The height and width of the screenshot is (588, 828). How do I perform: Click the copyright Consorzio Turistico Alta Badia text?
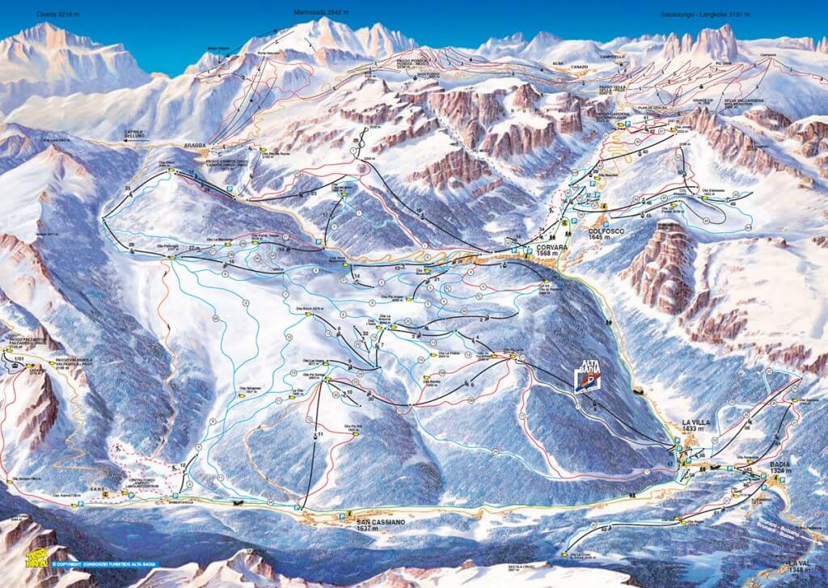coord(105,564)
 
